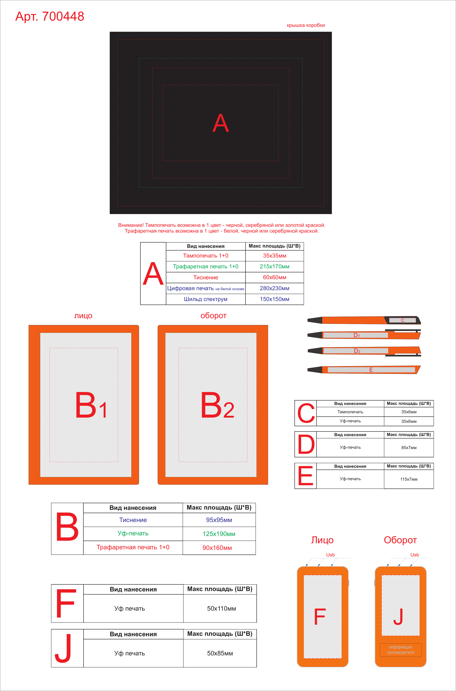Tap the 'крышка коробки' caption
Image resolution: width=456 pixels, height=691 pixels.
click(306, 25)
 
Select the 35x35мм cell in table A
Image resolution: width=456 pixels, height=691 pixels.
click(275, 256)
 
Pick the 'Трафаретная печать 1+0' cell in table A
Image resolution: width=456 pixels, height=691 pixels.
click(206, 266)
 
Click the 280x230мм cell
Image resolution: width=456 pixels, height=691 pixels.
click(275, 288)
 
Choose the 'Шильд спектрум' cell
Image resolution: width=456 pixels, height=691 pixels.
click(206, 299)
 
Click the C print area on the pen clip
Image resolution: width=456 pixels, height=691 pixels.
click(403, 320)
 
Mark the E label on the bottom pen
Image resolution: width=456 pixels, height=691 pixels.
click(371, 370)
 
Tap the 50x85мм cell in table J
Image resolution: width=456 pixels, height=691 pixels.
click(220, 653)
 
